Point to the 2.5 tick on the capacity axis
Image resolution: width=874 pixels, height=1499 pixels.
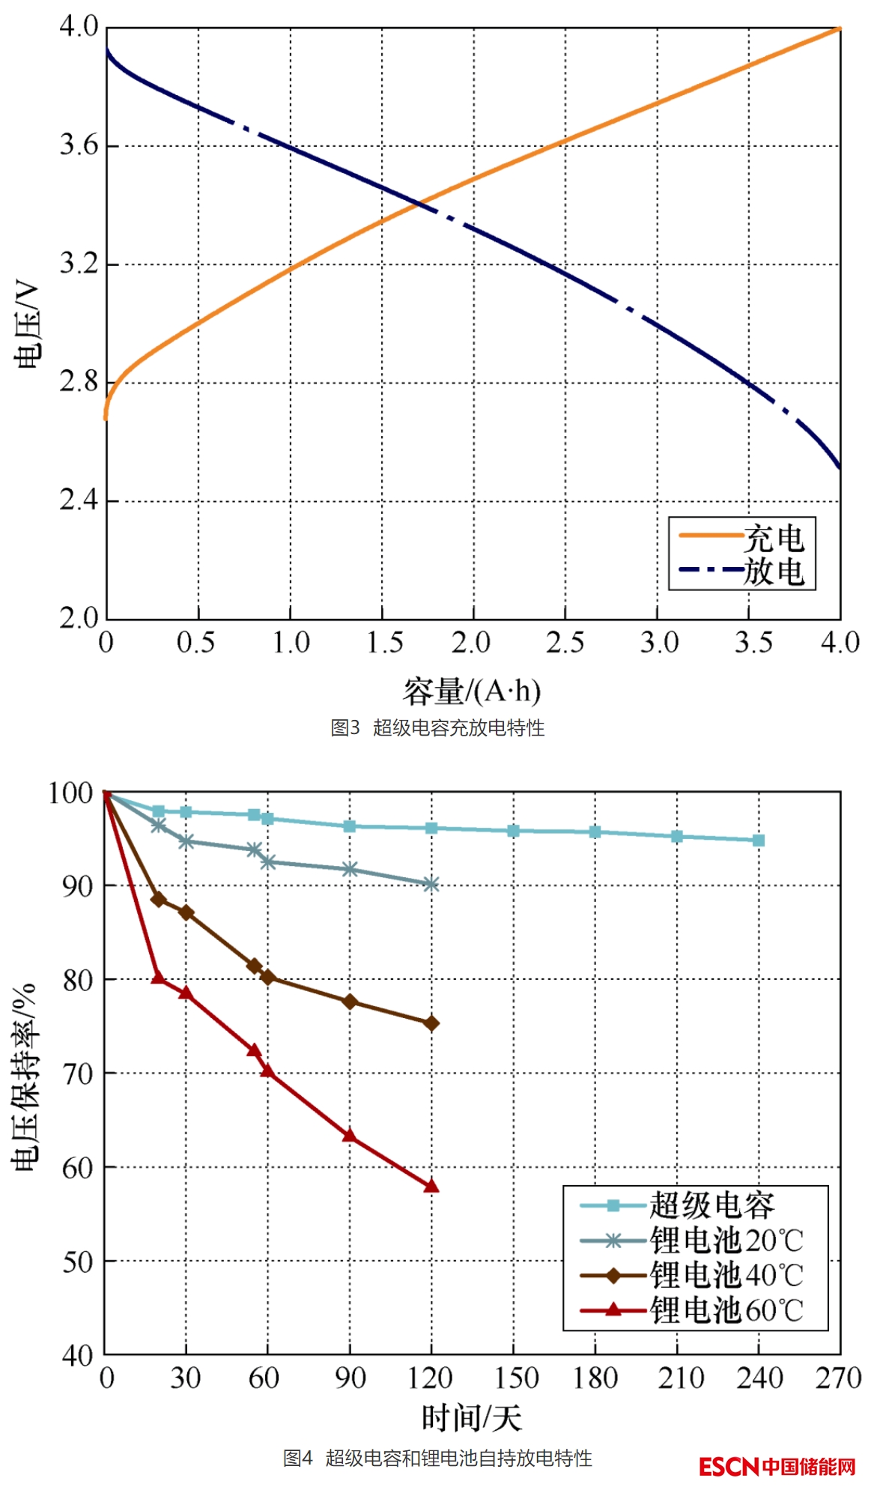(x=565, y=643)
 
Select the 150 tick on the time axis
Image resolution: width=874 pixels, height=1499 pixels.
(x=515, y=1378)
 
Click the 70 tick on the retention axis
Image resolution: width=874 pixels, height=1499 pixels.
(x=78, y=1074)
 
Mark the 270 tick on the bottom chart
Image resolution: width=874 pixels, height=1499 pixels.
(x=838, y=1378)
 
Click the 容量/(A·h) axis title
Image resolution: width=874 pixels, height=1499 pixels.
(x=472, y=691)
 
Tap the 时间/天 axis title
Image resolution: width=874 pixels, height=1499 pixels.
(x=472, y=1418)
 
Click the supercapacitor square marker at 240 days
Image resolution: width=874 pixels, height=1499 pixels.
(x=759, y=841)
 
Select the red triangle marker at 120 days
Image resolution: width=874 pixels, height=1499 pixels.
(x=431, y=1187)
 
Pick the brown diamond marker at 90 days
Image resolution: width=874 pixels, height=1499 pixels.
(x=350, y=1002)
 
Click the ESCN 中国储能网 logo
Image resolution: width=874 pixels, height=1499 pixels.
(x=777, y=1466)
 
